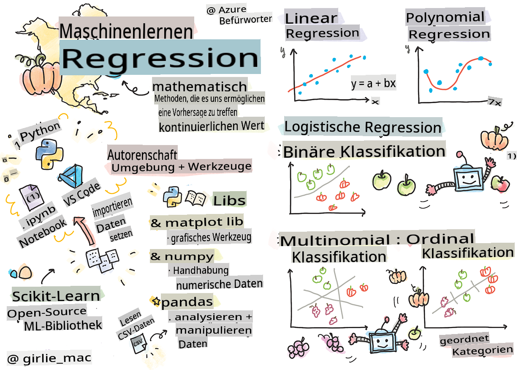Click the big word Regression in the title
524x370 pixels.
160,58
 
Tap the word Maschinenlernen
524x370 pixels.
126,31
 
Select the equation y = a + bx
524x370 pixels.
373,83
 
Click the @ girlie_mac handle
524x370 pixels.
49,359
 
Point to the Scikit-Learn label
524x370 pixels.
56,296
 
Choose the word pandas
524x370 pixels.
187,301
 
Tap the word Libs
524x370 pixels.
229,200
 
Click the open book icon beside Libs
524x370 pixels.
196,198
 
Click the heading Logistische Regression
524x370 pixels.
363,127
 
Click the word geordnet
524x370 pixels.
464,340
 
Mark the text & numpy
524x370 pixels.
182,256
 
